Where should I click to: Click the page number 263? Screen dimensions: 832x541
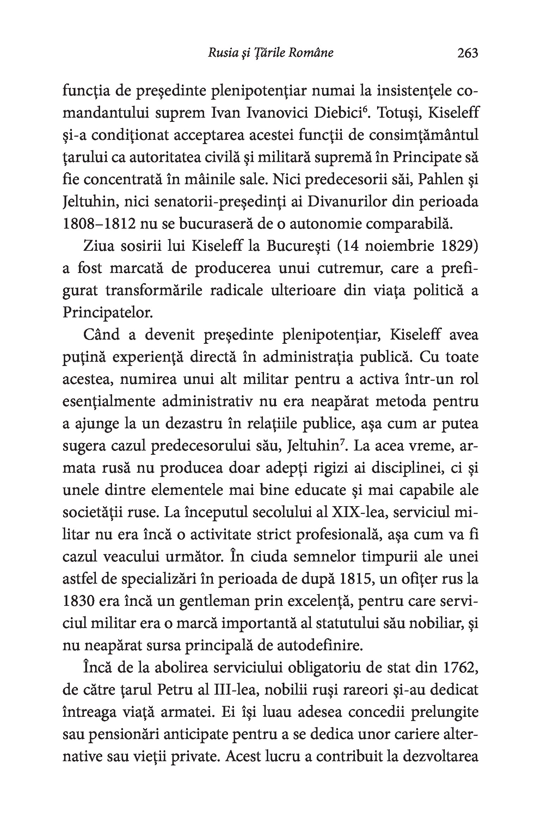pos(467,53)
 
